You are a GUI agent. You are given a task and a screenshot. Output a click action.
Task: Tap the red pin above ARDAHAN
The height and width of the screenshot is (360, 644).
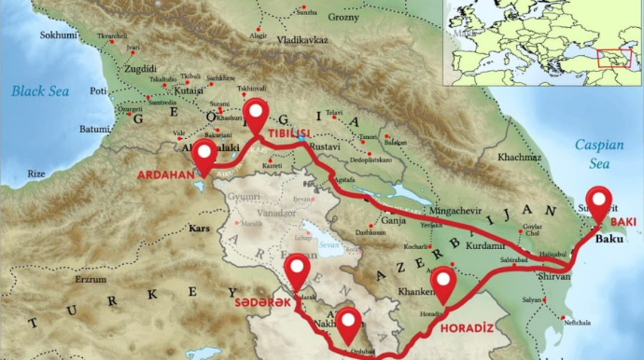click(204, 157)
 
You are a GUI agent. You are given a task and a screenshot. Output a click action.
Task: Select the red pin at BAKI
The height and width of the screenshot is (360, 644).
click(598, 202)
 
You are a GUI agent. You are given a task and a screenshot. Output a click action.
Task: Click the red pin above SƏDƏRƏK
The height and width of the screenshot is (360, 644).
click(298, 270)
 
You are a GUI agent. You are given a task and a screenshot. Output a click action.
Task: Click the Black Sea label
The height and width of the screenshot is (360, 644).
click(40, 91)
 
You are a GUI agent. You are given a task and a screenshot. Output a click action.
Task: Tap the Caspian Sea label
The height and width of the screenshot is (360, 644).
click(598, 154)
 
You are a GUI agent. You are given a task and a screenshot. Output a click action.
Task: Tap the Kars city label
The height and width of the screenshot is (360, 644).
click(201, 228)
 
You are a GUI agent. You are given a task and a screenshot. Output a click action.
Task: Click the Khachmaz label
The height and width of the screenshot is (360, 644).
click(519, 157)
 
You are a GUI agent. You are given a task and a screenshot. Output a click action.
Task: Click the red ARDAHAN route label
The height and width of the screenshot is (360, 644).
click(166, 174)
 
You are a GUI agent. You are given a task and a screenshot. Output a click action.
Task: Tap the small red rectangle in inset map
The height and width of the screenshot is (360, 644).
click(614, 58)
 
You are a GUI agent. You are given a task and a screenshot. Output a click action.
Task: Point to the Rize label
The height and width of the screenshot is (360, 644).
click(36, 173)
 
